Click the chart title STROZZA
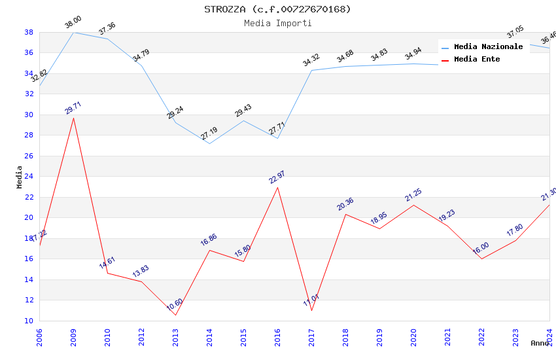277,9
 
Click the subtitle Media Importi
277,24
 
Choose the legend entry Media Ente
477,59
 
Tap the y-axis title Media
20,177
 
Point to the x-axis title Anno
540,343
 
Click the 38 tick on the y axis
29,32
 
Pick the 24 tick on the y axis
29,176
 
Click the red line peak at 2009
73,118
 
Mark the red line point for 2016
277,187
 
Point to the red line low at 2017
311,310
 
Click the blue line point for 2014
209,143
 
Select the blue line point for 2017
311,70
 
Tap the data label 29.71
73,108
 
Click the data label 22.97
277,177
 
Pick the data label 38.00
73,23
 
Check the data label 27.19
209,134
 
